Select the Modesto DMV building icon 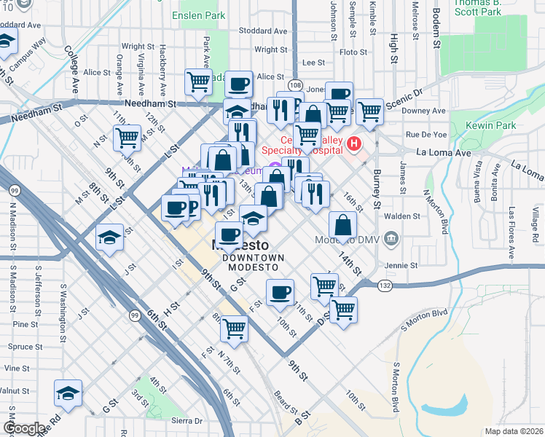tap(391, 238)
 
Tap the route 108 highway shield tap(294, 85)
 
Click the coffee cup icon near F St tap(280, 292)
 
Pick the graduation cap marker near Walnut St tap(68, 394)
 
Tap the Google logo tap(24, 429)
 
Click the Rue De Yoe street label tap(426, 134)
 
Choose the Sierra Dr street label tap(187, 420)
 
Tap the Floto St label tap(353, 52)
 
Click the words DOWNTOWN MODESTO tap(254, 262)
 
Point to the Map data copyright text tap(514, 431)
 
